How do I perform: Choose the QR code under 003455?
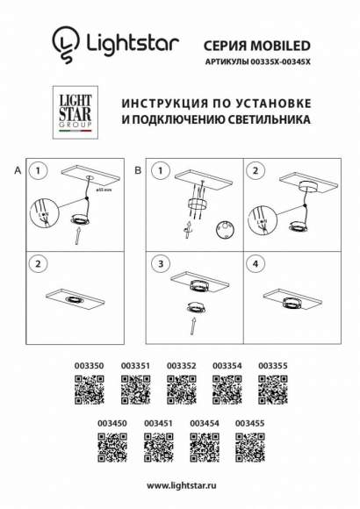[x=249, y=448]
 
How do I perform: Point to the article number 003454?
[x=204, y=422]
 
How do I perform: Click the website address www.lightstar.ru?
[x=181, y=485]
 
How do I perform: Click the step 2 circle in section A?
[x=39, y=263]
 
